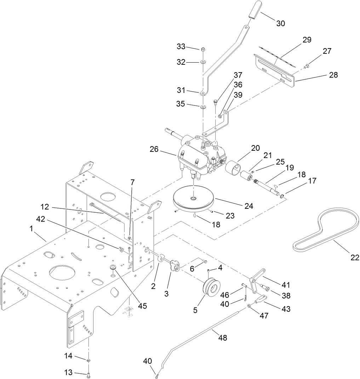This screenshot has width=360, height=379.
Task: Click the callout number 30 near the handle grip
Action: click(281, 23)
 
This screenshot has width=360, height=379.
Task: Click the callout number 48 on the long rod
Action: click(222, 338)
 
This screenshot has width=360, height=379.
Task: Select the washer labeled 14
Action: click(88, 361)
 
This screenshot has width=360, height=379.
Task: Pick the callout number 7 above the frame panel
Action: click(132, 182)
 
